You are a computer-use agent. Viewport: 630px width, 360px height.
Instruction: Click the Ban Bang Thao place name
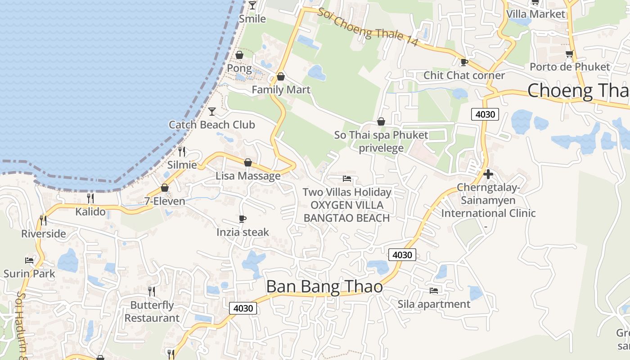click(x=324, y=287)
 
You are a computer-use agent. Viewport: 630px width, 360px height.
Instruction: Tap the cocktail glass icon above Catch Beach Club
click(x=212, y=111)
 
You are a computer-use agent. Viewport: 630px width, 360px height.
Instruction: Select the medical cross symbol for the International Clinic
click(x=488, y=174)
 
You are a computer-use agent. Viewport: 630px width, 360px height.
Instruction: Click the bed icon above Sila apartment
click(x=434, y=290)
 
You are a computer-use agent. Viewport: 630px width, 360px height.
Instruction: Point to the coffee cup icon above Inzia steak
click(x=243, y=219)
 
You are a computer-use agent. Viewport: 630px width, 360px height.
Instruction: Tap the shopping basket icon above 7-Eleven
click(x=165, y=188)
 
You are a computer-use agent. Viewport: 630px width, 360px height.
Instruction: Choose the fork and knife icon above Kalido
click(x=90, y=198)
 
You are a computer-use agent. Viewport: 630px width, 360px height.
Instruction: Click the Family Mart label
click(x=281, y=90)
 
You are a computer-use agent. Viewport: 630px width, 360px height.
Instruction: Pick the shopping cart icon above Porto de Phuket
click(x=570, y=54)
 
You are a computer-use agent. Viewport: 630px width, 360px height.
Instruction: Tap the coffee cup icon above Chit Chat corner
click(x=464, y=62)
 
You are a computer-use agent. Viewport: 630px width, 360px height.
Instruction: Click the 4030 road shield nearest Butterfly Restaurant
click(x=243, y=308)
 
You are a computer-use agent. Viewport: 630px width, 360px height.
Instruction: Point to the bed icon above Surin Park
click(x=29, y=260)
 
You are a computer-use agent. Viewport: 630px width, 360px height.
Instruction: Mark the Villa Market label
click(x=535, y=14)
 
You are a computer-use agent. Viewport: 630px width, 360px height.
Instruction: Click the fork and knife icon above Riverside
click(x=43, y=220)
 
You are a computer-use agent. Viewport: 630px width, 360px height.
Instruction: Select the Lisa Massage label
click(x=248, y=175)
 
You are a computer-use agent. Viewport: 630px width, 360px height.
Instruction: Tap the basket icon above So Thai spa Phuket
click(x=381, y=121)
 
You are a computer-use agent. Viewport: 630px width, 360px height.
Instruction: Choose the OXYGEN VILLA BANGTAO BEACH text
click(x=346, y=211)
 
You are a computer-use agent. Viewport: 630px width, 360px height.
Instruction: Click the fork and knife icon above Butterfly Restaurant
click(x=152, y=292)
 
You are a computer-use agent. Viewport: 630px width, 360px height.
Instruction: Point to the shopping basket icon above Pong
click(x=239, y=55)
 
